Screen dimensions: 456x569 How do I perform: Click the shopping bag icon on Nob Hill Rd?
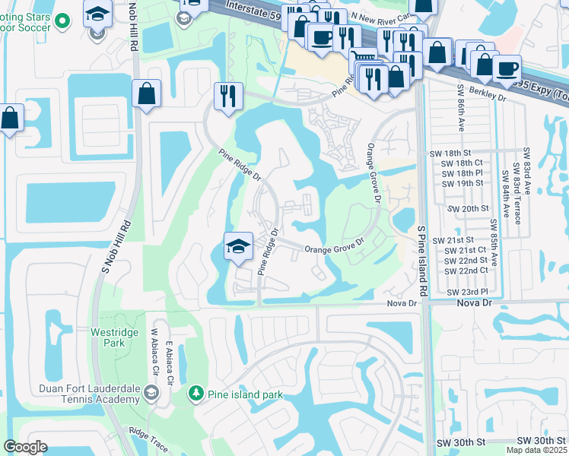146,94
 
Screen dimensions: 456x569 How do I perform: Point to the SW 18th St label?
463,151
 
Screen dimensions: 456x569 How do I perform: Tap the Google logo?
26,447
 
